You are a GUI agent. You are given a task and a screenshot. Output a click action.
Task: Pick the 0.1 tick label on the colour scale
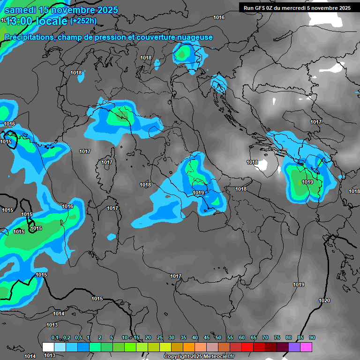pos(54,337)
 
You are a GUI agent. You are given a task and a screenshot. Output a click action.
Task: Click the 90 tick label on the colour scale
pos(312,337)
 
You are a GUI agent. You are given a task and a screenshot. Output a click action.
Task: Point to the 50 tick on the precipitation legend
pos(218,337)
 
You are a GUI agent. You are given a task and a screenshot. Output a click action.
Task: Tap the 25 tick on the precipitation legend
pos(160,337)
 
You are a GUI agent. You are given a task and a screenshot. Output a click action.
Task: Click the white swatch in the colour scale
pos(48,347)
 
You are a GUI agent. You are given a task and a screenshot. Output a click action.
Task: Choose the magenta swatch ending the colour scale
pos(306,347)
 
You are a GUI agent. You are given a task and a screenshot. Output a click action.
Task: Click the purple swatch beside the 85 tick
pos(294,347)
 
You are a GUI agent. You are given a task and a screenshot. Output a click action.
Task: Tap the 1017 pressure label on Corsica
pos(107,163)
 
